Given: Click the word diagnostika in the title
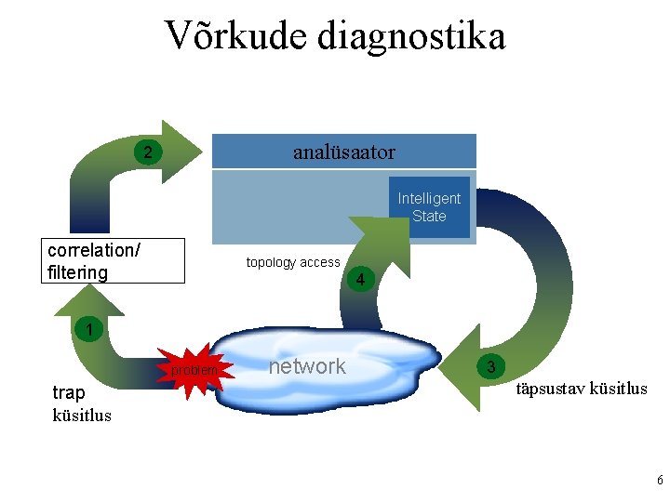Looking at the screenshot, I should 411,36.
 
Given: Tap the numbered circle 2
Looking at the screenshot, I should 147,152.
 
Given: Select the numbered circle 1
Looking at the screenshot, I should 87,328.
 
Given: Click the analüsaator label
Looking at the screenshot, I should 343,152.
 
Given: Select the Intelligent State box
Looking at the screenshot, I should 429,207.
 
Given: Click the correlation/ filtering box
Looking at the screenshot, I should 114,261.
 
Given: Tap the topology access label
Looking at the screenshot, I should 293,262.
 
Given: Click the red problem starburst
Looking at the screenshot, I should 194,371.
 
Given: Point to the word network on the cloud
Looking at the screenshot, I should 307,366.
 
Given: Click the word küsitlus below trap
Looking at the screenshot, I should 82,415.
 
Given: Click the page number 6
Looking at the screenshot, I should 659,481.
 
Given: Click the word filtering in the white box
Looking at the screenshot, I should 77,272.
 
